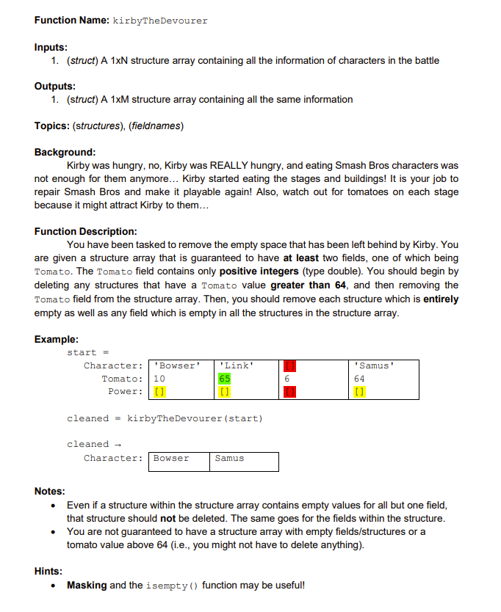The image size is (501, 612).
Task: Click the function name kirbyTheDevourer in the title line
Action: [160, 21]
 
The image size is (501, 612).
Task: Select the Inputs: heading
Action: [51, 47]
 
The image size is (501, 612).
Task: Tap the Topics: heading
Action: [52, 126]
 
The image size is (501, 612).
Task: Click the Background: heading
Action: [65, 153]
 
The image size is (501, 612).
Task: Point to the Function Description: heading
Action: [85, 232]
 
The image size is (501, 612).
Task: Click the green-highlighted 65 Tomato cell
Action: [225, 379]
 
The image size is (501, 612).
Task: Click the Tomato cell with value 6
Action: [286, 379]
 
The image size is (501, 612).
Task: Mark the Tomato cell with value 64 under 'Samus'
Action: [359, 379]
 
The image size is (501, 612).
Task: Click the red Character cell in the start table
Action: [289, 365]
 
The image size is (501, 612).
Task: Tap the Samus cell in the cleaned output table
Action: [229, 459]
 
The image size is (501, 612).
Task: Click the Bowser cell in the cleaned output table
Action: [171, 459]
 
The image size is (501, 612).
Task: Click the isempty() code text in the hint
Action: [173, 586]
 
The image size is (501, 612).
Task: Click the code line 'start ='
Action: [88, 352]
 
